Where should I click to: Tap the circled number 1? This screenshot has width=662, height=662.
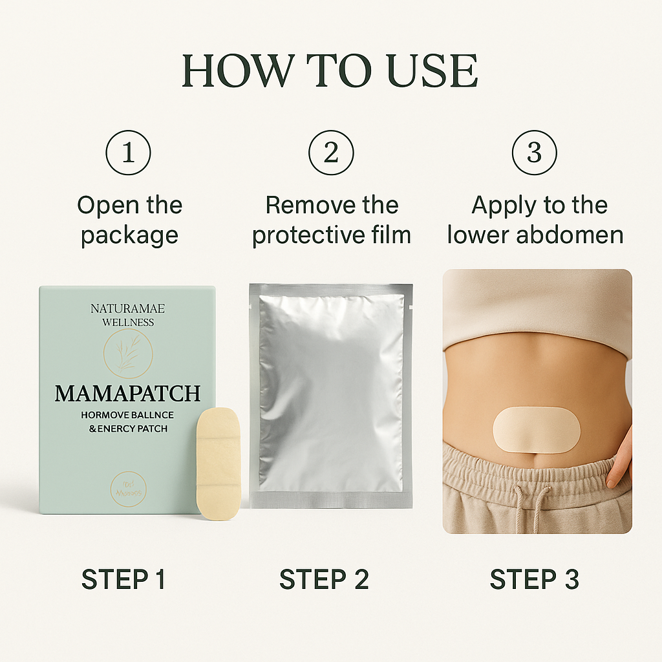[128, 153]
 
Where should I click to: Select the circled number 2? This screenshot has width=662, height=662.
[331, 153]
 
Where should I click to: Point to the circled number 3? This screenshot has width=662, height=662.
[534, 153]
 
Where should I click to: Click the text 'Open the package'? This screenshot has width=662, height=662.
[129, 220]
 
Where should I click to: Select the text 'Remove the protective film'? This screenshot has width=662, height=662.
[331, 220]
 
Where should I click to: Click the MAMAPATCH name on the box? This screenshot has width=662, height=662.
[127, 393]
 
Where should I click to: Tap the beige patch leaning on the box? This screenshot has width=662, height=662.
[219, 463]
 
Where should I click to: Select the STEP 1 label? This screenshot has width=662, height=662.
[123, 579]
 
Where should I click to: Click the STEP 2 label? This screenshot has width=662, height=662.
[324, 579]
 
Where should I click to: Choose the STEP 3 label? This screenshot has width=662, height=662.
[534, 579]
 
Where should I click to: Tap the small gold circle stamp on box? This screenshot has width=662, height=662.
[128, 489]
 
